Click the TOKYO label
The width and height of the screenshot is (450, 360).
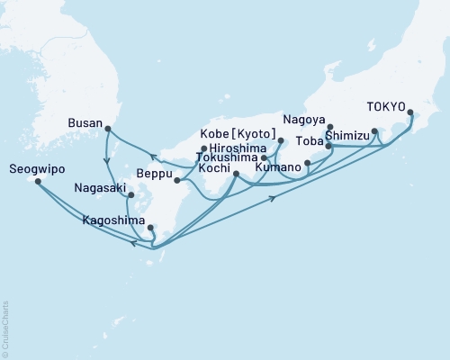[385, 104]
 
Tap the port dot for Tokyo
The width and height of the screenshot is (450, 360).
[411, 113]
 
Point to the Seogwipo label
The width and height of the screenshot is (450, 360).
[31, 168]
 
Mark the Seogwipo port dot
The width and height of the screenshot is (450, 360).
[39, 181]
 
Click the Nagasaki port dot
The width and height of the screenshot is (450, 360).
[130, 194]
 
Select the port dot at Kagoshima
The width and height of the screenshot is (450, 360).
[150, 228]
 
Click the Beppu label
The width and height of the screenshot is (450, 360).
[154, 174]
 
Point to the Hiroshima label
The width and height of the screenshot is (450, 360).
[233, 149]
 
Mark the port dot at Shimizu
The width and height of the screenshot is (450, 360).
[374, 131]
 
